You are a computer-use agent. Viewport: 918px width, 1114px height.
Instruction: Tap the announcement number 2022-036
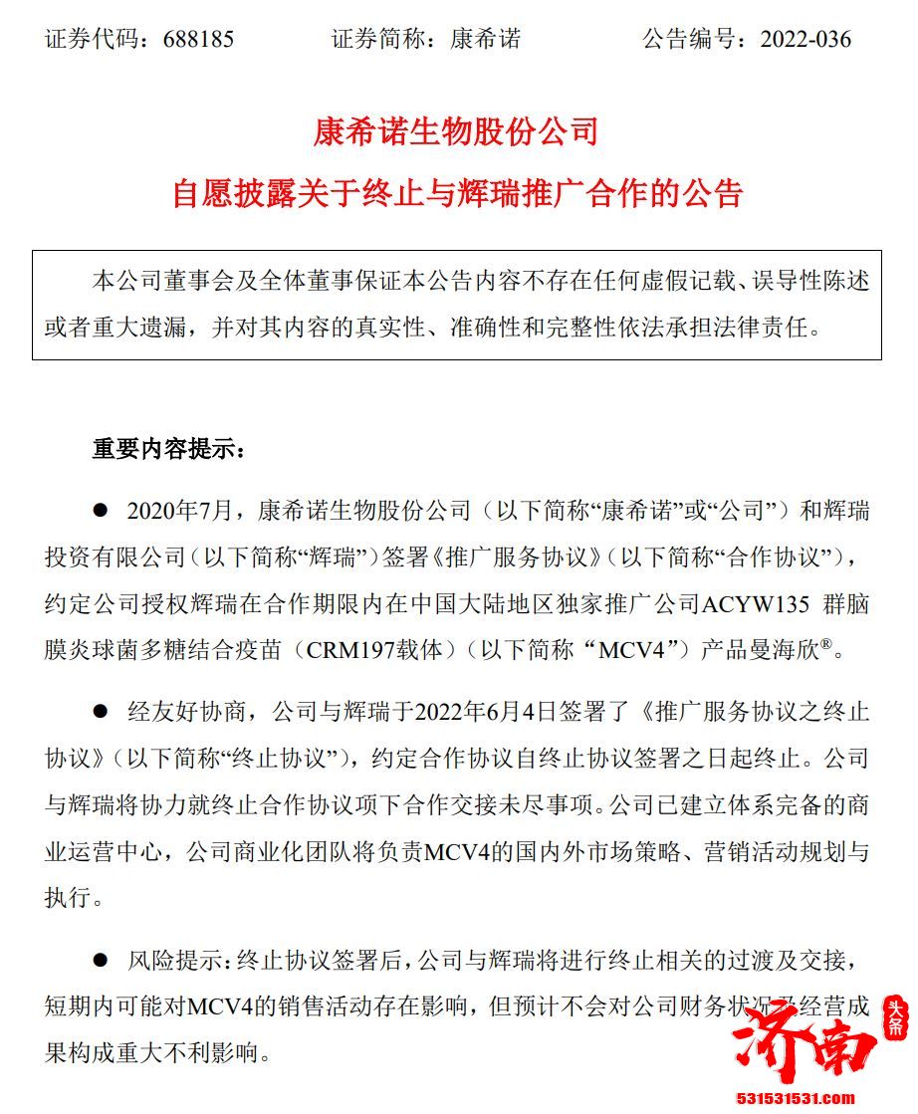tap(805, 40)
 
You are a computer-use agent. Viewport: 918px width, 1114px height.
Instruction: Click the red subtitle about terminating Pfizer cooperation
tap(458, 192)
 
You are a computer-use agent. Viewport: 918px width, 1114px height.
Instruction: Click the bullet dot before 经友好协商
tap(100, 711)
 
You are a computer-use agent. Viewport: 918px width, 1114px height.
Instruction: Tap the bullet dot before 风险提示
tap(100, 960)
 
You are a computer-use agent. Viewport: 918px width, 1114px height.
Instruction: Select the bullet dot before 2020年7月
tap(100, 511)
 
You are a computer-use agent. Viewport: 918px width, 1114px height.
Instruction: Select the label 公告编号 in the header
tap(688, 40)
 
